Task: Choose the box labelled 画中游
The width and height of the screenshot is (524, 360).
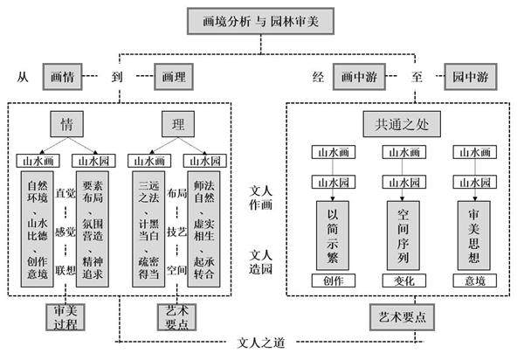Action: pos(360,77)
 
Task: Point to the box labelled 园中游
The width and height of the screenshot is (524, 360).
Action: pos(469,77)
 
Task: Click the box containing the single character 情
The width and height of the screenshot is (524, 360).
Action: pos(67,123)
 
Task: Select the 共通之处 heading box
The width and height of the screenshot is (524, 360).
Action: pos(398,123)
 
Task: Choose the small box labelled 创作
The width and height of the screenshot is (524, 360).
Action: pos(332,280)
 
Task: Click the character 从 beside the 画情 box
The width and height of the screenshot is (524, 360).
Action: pos(24,77)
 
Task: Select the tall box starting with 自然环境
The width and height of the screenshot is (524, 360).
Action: pos(38,229)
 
